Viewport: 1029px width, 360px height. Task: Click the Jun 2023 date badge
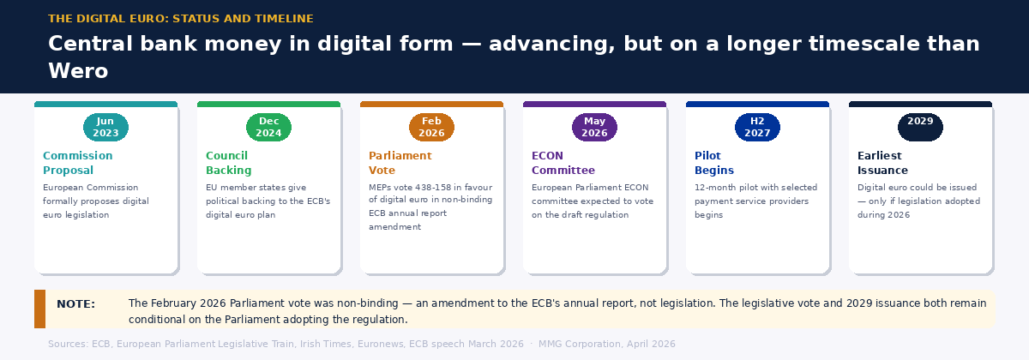tap(105, 127)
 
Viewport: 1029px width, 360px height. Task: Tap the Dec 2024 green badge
tap(268, 127)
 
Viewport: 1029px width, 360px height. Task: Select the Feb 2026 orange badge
tap(431, 127)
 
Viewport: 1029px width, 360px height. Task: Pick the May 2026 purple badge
tap(594, 127)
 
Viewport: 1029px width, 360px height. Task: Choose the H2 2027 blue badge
tap(757, 127)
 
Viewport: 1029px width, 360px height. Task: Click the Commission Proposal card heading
tap(77, 163)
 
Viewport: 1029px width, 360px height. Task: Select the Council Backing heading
tap(228, 163)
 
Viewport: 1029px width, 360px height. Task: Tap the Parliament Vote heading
tap(400, 163)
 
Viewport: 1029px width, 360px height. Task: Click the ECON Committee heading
tap(563, 163)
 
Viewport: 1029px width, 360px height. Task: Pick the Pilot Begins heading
tap(713, 163)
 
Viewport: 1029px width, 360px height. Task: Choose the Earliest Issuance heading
tap(882, 163)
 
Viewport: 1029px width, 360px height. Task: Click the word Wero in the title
tap(78, 71)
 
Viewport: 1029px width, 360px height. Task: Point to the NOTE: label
tap(75, 303)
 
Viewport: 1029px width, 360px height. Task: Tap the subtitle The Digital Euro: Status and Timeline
tap(181, 19)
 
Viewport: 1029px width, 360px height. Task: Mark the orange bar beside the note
tap(39, 309)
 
